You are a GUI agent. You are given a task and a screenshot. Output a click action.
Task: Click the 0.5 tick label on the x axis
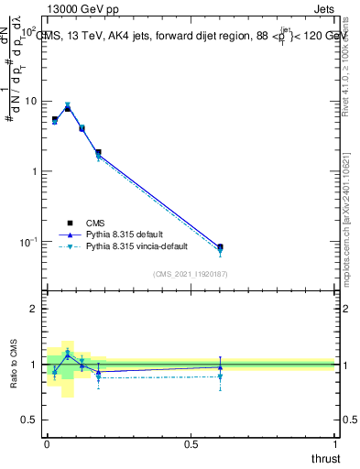pos(191,444)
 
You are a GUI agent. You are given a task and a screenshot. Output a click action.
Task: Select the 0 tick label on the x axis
pos(47,444)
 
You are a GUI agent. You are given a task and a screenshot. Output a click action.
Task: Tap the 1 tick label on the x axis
pos(334,444)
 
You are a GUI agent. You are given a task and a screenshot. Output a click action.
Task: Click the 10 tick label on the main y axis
pos(31,101)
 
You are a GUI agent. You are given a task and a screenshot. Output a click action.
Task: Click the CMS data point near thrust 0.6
pos(220,247)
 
